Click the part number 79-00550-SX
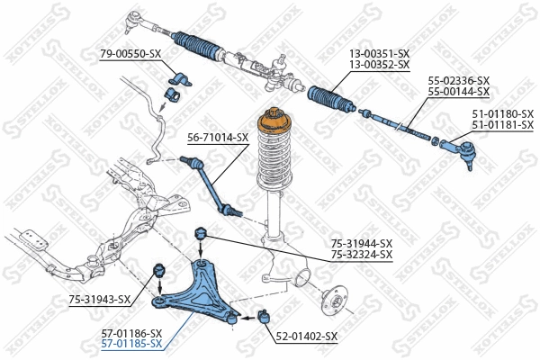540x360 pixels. click(x=130, y=54)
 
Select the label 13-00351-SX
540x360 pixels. click(x=380, y=54)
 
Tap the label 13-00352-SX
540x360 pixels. click(x=380, y=65)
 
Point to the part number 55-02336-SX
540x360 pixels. click(x=459, y=81)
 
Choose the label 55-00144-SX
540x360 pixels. click(x=459, y=92)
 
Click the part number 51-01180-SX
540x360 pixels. click(x=503, y=114)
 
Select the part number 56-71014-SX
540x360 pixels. click(x=218, y=138)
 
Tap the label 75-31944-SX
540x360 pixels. click(x=362, y=243)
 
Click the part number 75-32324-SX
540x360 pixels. click(x=362, y=255)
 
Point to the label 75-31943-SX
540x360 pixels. click(x=99, y=300)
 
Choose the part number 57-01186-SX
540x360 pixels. click(x=131, y=332)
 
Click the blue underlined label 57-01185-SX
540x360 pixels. click(x=131, y=343)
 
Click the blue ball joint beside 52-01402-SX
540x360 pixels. click(x=265, y=316)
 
